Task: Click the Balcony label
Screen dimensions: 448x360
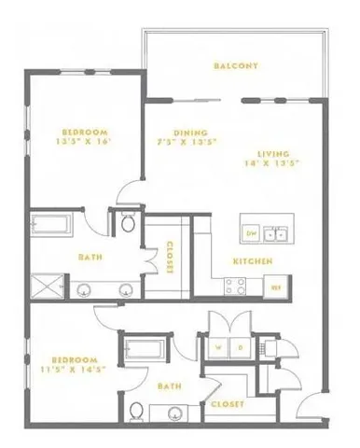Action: [x=234, y=66]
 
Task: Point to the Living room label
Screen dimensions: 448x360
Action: [x=274, y=153]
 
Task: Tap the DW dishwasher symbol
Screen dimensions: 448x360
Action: [x=251, y=231]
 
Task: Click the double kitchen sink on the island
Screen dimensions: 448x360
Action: [x=274, y=232]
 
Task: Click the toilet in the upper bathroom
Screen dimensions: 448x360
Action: [x=129, y=223]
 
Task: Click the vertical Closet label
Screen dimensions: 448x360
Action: [x=169, y=258]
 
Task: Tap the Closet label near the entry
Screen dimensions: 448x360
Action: [x=228, y=404]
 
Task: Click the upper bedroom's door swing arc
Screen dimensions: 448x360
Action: [x=128, y=195]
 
